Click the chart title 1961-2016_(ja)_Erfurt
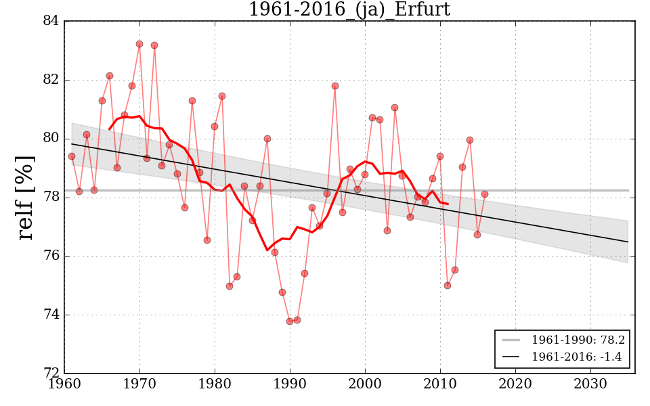(349, 9)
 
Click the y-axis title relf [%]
(25, 198)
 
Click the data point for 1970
(139, 44)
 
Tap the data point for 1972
(154, 45)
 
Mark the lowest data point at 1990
(290, 321)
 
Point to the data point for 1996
(335, 86)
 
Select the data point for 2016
(485, 194)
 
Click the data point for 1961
(72, 156)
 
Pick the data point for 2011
(448, 286)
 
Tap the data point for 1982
(230, 286)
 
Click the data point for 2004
(395, 108)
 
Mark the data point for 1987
(267, 139)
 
